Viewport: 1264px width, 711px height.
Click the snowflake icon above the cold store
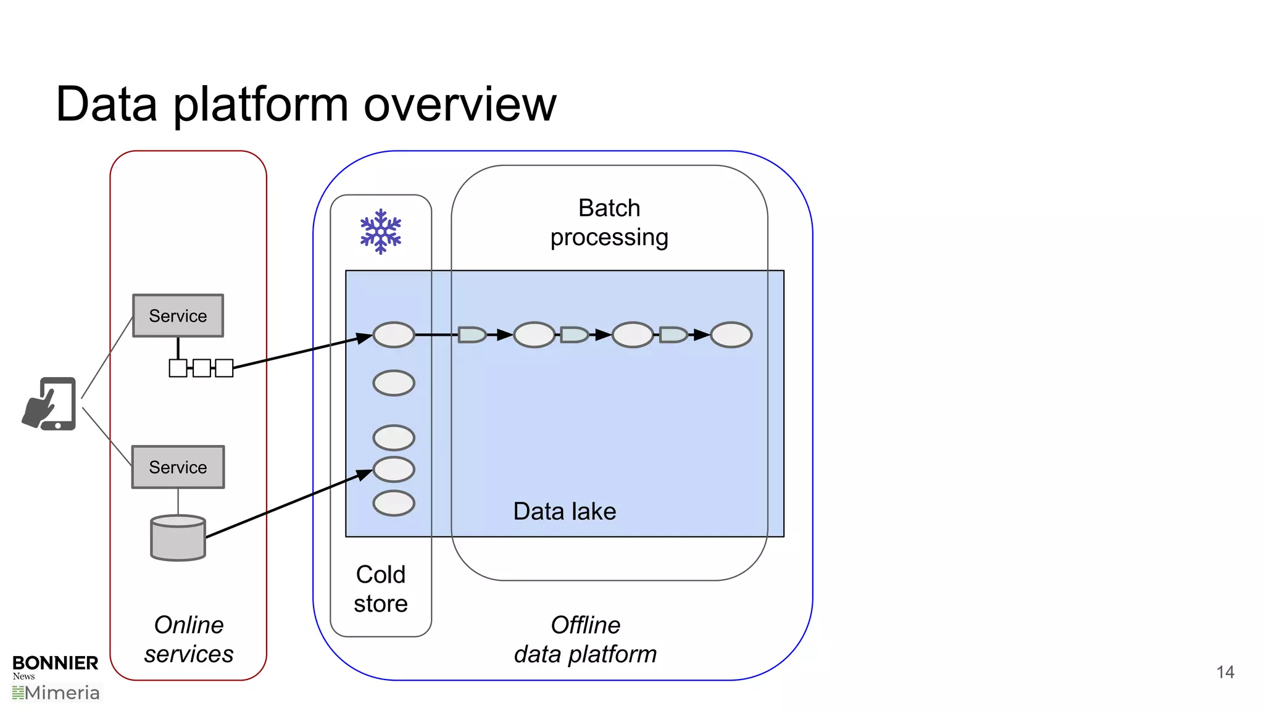pos(381,231)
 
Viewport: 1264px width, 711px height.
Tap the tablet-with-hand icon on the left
pos(49,404)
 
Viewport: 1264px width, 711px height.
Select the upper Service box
pos(178,315)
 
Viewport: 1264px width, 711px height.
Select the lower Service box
pos(178,467)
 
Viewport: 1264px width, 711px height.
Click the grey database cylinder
pos(178,538)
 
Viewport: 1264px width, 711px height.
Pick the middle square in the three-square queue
pos(201,368)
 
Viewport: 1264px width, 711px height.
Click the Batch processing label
pos(609,223)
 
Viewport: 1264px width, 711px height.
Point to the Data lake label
pos(564,512)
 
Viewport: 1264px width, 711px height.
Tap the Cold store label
pos(381,589)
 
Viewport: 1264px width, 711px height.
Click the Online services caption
pos(189,639)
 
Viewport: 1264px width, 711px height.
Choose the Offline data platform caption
pos(585,639)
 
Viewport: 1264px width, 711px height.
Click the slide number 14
pos(1225,672)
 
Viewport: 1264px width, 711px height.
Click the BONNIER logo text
pos(56,663)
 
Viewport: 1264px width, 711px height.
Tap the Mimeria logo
pos(57,693)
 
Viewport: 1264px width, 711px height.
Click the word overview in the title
pos(460,104)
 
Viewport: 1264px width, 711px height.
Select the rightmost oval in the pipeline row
pos(731,335)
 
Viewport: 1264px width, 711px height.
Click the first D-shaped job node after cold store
pos(472,335)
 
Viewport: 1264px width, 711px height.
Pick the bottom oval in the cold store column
pos(394,503)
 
